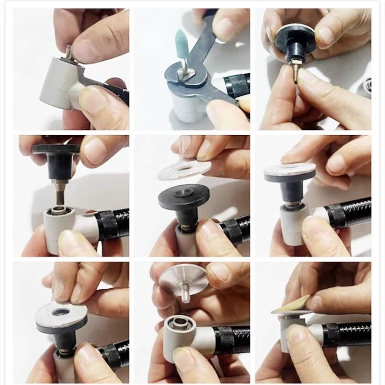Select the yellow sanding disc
click(291, 306)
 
